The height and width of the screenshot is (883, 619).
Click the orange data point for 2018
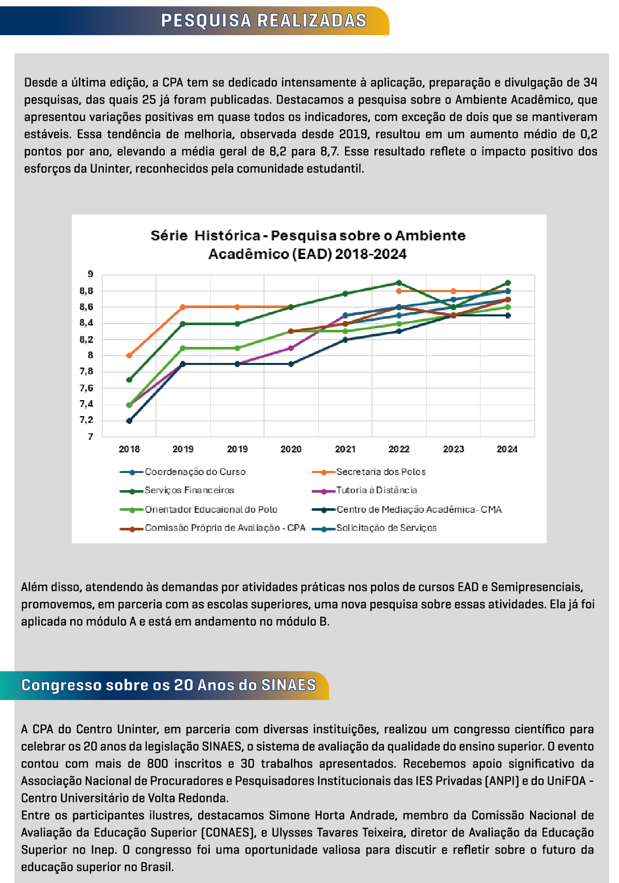(x=129, y=356)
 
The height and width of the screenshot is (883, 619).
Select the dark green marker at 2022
(x=399, y=283)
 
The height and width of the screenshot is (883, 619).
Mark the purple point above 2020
(x=291, y=348)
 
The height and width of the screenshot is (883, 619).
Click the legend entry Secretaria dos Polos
(x=381, y=472)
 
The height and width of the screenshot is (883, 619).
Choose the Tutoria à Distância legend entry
(x=376, y=490)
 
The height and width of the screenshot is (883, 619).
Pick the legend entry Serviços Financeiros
(x=189, y=490)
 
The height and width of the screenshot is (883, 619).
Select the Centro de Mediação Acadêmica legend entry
(x=419, y=510)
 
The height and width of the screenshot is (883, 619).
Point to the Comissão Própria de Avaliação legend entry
(x=225, y=528)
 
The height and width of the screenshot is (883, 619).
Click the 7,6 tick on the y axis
(x=87, y=388)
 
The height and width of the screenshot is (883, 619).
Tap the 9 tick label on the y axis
(x=90, y=275)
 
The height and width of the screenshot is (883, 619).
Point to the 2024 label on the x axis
(x=507, y=449)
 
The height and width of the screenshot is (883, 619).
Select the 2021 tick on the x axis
(x=345, y=449)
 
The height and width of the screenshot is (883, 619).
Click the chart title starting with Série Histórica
(x=308, y=245)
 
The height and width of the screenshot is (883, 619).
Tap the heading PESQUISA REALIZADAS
(x=264, y=21)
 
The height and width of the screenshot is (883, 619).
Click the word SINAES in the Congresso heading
(x=288, y=685)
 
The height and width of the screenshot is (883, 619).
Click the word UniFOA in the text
(x=566, y=781)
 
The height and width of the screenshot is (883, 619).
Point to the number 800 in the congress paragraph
(x=158, y=764)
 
